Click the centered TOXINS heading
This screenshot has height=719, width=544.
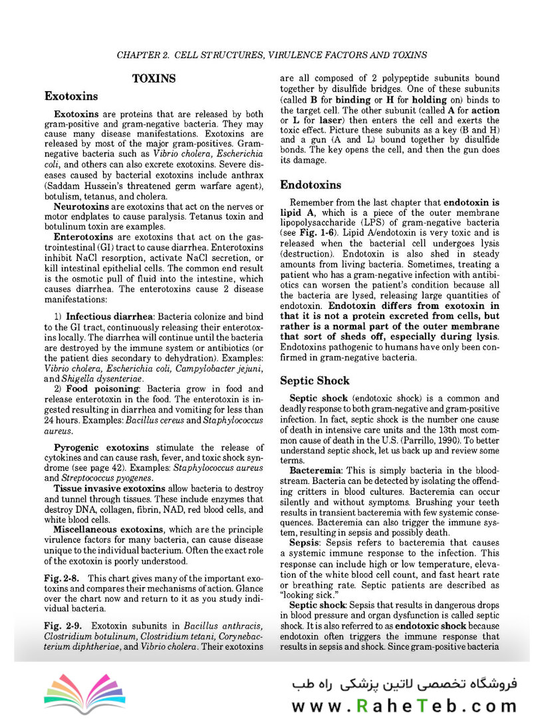pos(154,79)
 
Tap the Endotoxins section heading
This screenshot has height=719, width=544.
pos(311,184)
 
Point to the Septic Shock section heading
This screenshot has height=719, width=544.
pos(315,381)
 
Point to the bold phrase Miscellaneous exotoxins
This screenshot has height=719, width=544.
pos(108,529)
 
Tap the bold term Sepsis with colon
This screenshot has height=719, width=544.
pos(307,543)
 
